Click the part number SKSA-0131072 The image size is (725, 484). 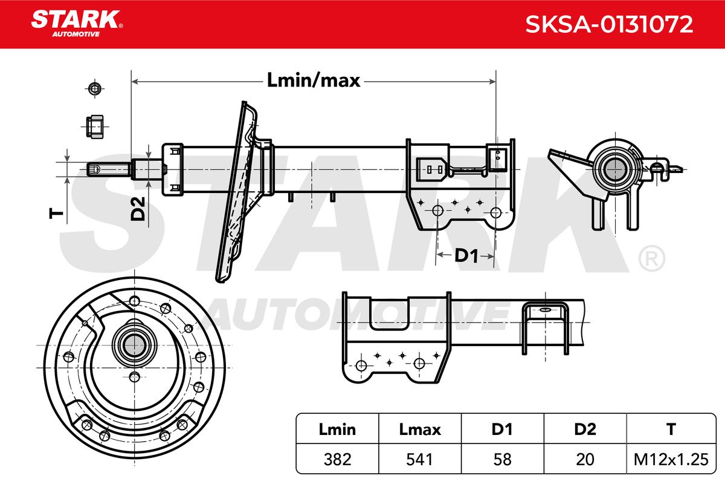[609, 24]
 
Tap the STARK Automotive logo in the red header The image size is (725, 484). [77, 23]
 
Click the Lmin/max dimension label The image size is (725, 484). [314, 80]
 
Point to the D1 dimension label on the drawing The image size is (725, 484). [466, 255]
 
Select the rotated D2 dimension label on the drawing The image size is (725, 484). [138, 209]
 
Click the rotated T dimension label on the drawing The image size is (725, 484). [56, 214]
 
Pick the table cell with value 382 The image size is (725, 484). [337, 459]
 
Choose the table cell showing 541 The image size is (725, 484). [419, 459]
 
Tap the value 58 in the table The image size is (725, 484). [502, 459]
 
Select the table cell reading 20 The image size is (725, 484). [585, 459]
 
